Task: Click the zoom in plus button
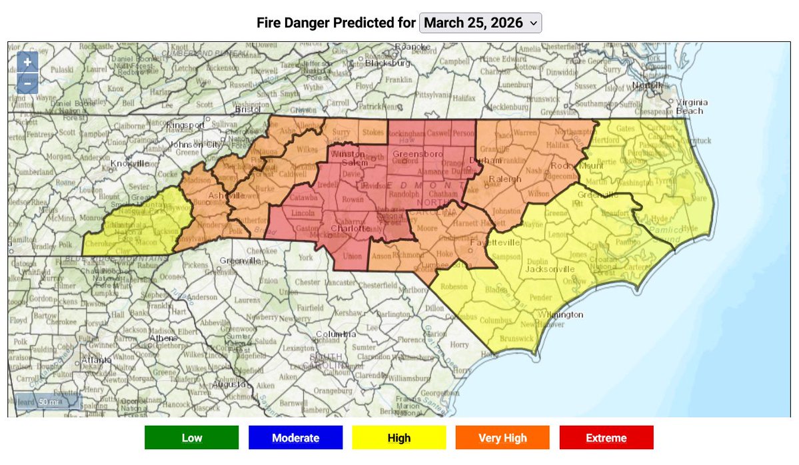[x=27, y=62]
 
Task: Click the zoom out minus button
[x=27, y=83]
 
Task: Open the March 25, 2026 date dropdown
[x=480, y=23]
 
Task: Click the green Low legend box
[x=191, y=438]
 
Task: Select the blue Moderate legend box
[x=295, y=438]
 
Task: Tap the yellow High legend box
[x=399, y=438]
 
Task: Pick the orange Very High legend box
[x=502, y=438]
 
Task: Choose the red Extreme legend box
[x=606, y=438]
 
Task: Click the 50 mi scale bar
[x=48, y=402]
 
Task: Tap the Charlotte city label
[x=351, y=228]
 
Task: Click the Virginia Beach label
[x=689, y=107]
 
